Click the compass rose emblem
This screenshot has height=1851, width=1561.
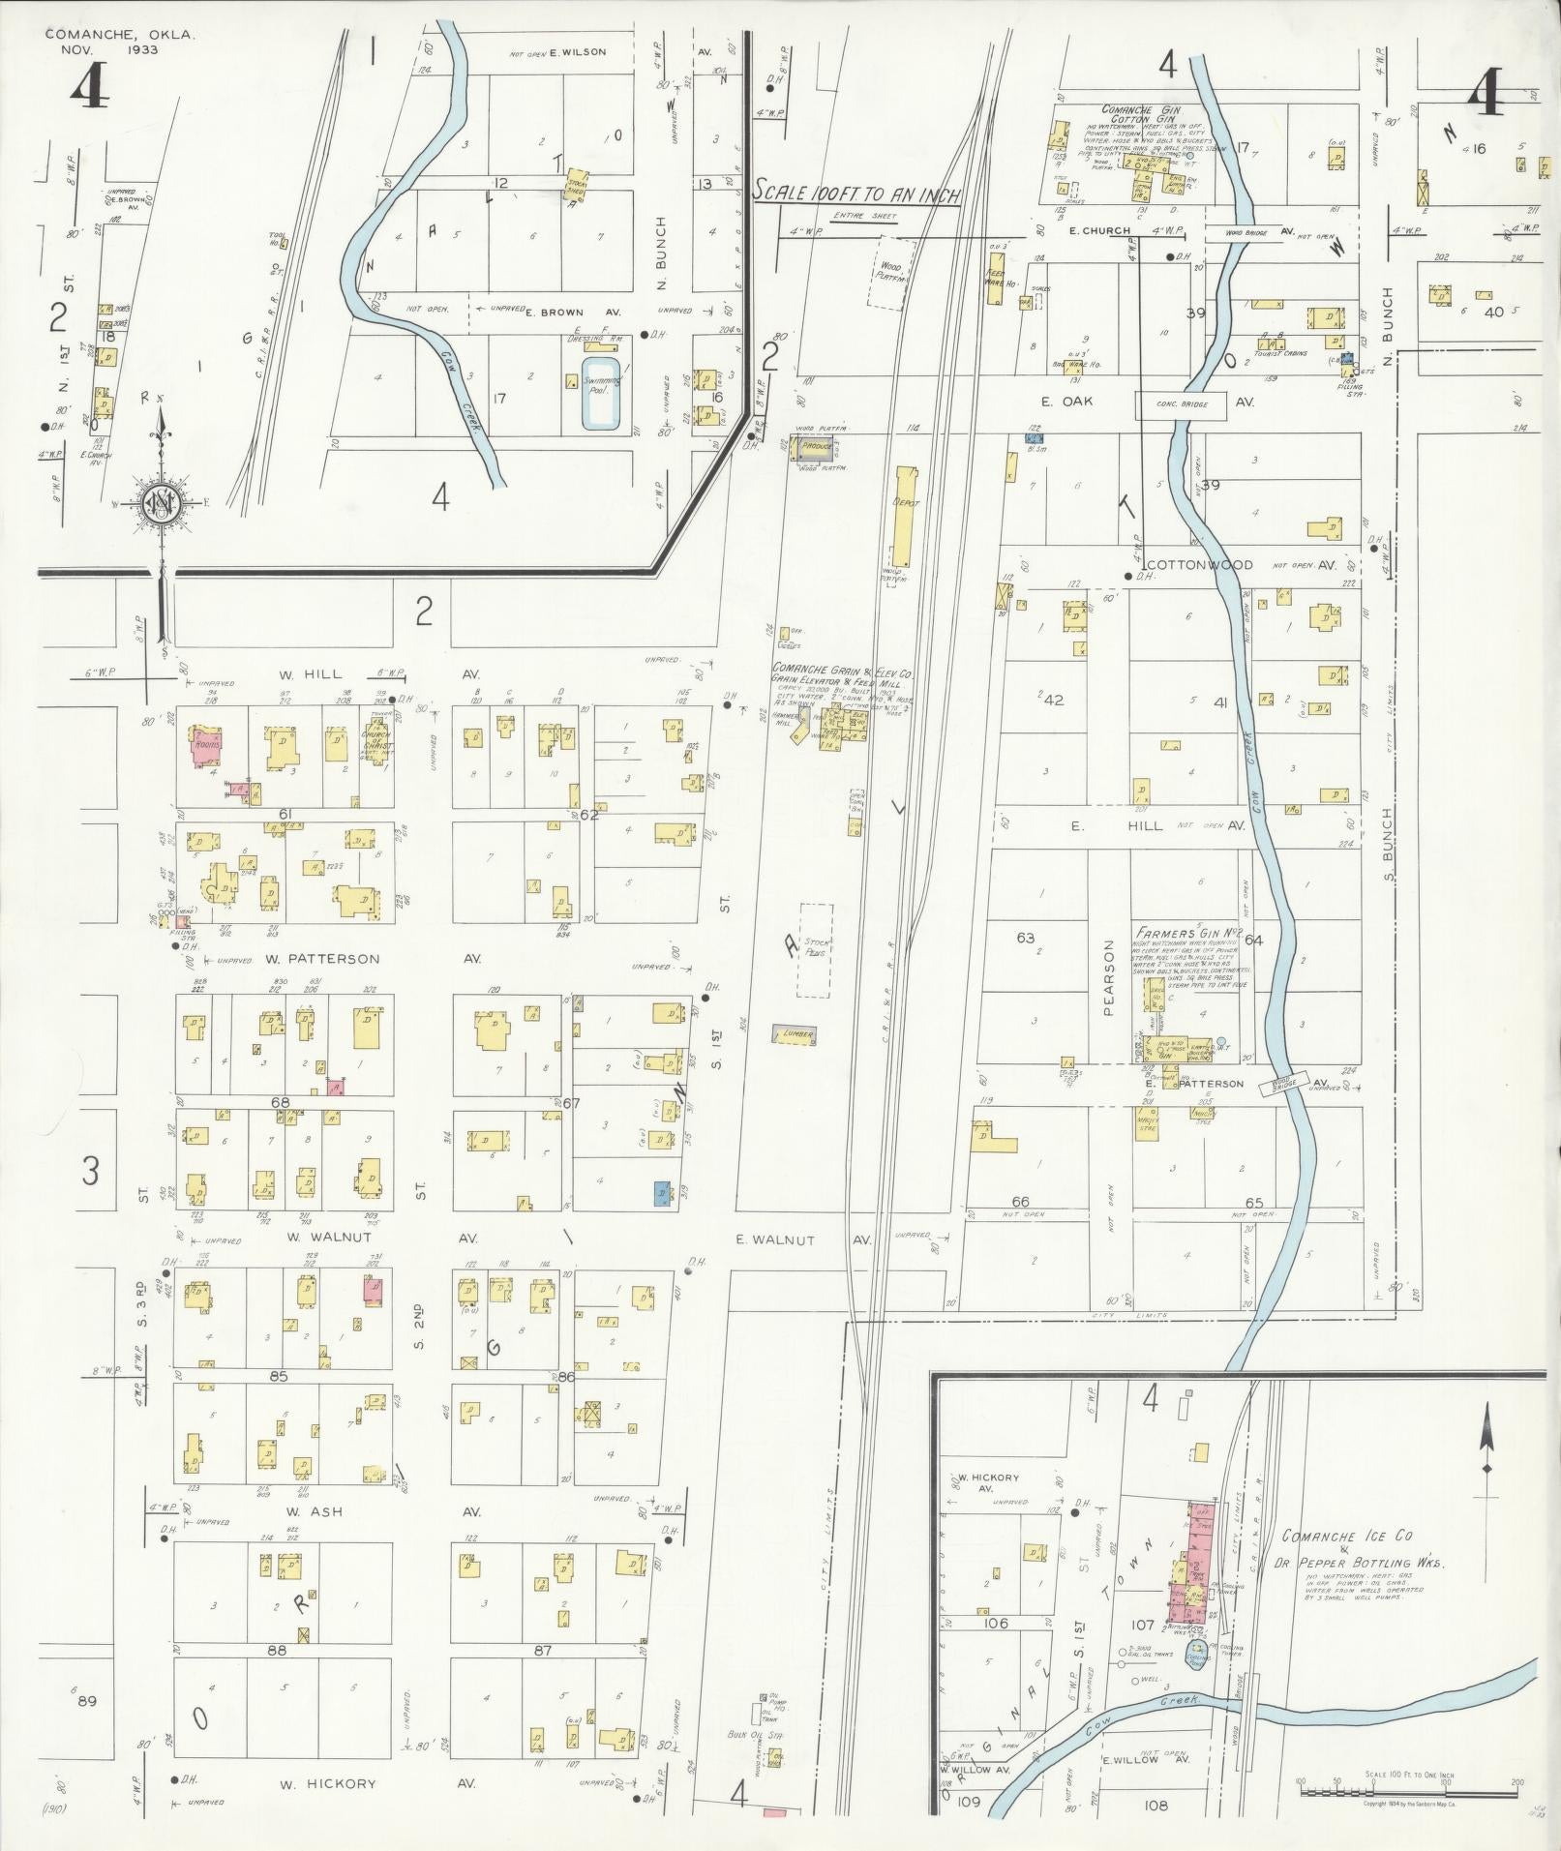162,503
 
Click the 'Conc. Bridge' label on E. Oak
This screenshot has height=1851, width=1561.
1180,405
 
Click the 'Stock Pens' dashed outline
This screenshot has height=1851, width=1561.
815,950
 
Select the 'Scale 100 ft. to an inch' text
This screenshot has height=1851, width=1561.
856,193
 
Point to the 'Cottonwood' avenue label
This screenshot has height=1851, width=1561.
1199,565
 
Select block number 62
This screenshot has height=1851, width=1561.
588,815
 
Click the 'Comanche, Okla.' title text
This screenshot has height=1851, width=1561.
120,34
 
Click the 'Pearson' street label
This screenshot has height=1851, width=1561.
1109,977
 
